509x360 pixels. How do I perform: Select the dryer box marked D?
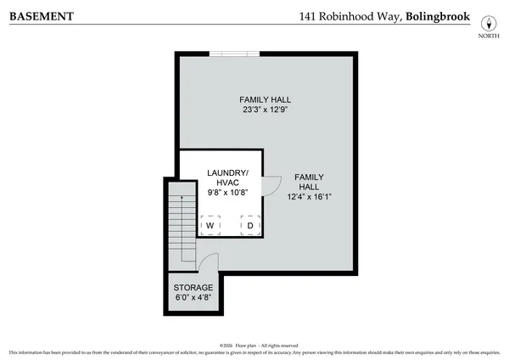pyautogui.click(x=249, y=225)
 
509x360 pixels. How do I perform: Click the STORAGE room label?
pyautogui.click(x=193, y=288)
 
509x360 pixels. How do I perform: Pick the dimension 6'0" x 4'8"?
pyautogui.click(x=193, y=298)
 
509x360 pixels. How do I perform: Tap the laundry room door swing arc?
pyautogui.click(x=274, y=184)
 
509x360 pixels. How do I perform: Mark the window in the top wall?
pyautogui.click(x=234, y=53)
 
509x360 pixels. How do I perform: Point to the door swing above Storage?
pyautogui.click(x=208, y=260)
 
